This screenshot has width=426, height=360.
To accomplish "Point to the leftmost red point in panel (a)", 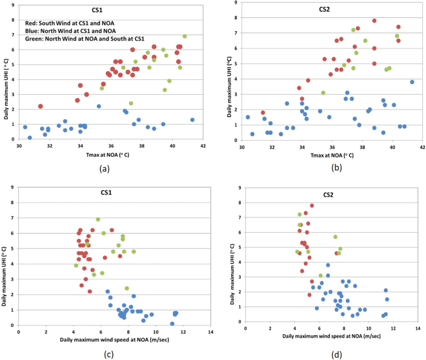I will click(40, 106).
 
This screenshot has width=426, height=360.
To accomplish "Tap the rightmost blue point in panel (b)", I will click(412, 82).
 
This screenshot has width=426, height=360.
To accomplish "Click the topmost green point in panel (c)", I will click(98, 219).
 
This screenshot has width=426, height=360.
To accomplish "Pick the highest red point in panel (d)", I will click(312, 206).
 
